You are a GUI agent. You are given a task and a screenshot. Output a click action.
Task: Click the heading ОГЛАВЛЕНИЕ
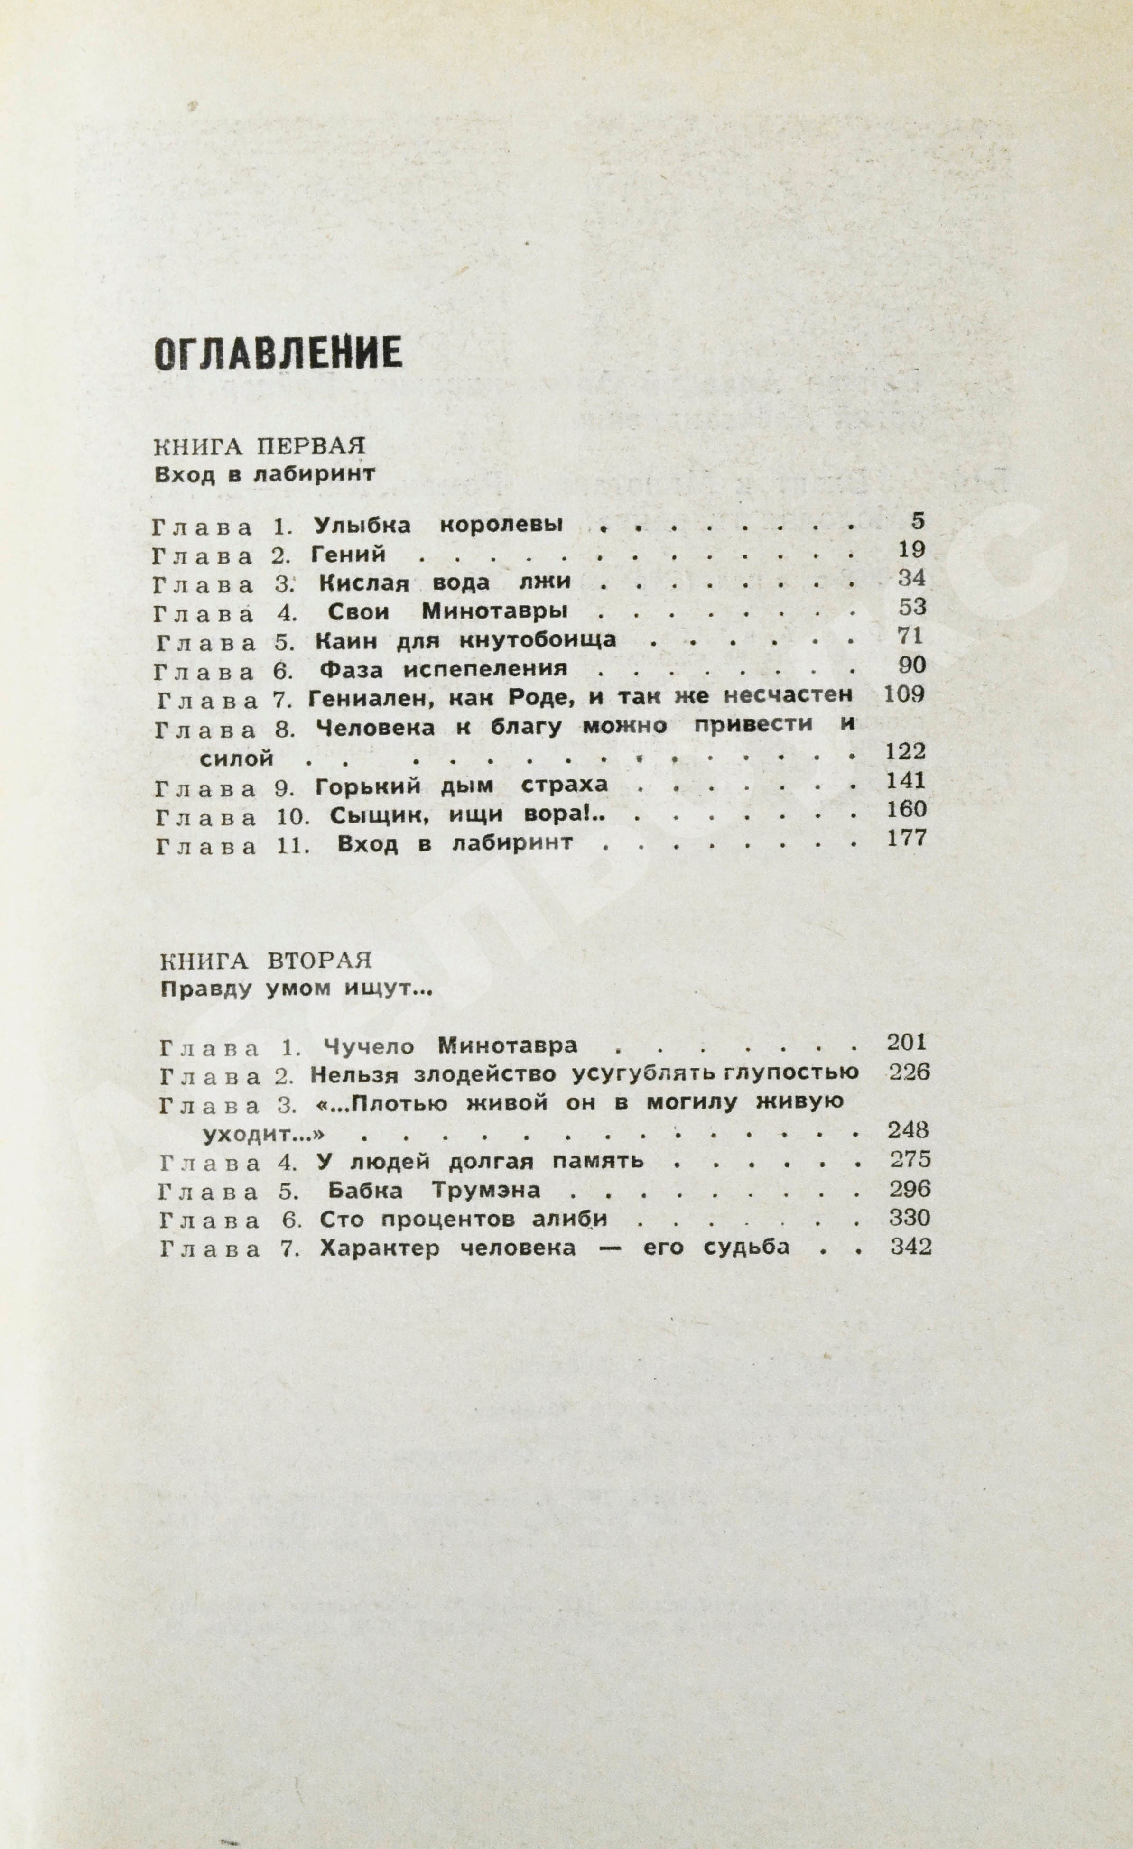point(279,353)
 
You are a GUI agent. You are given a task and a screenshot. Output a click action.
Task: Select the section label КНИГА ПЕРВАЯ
point(260,446)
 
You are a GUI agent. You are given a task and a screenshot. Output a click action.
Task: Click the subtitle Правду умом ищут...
point(297,990)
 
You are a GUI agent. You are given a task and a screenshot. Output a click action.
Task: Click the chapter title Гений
point(348,555)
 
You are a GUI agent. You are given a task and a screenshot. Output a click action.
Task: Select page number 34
point(911,579)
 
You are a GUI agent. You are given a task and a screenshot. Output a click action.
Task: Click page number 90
point(911,666)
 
